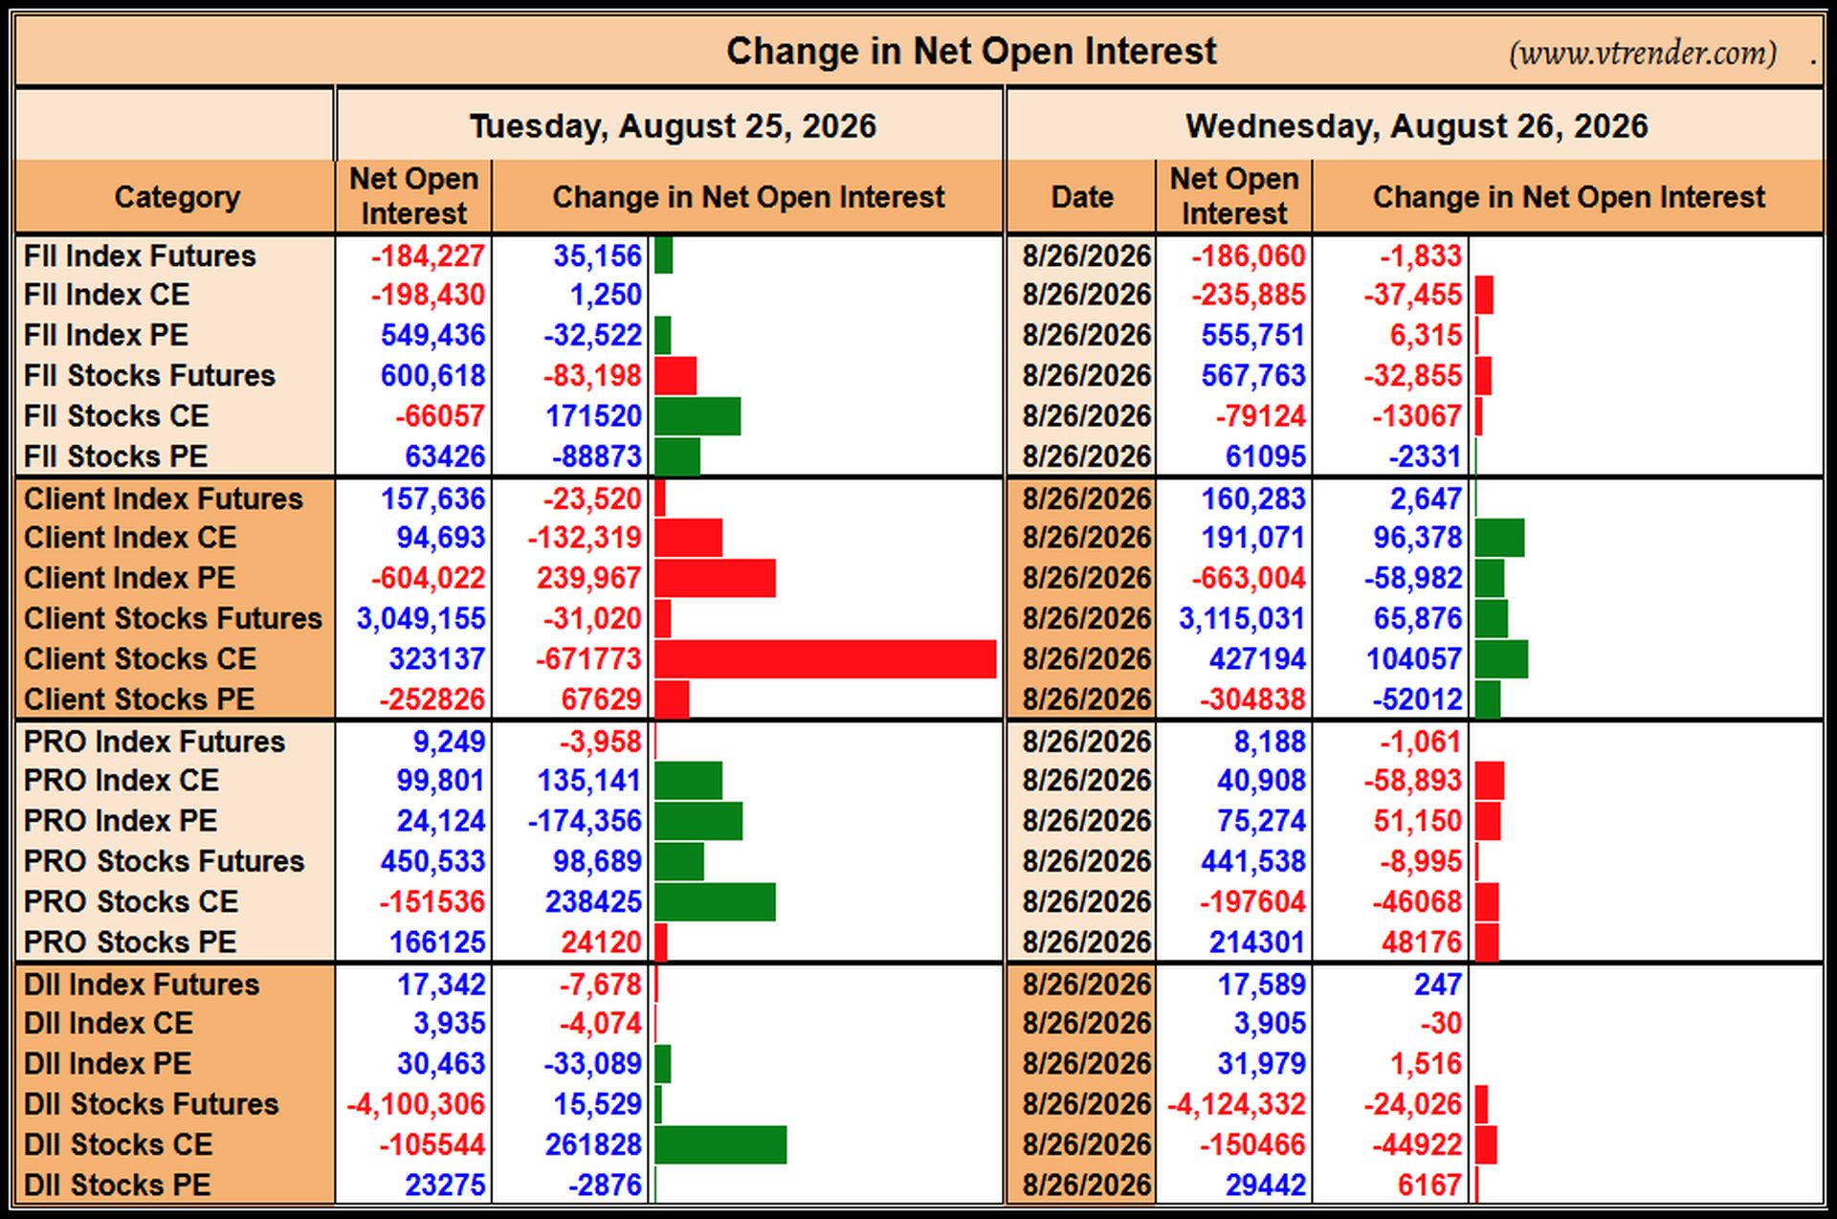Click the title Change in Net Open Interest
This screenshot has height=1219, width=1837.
971,51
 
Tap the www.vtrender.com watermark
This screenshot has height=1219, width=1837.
1643,53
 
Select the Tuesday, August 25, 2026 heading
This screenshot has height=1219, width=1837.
673,126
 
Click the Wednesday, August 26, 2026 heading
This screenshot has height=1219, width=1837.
1416,126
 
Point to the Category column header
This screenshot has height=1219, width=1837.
177,197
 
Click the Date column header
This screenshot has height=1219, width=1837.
1082,197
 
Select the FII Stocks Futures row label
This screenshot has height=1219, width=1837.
149,375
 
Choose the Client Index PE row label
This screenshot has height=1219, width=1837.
129,578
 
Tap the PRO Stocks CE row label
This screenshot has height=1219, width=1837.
131,901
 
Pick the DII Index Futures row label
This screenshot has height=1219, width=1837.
142,984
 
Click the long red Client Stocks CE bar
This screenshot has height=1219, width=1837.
826,659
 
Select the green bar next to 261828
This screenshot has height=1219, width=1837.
720,1144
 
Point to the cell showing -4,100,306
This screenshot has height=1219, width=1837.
415,1104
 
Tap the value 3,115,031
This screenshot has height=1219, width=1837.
1242,619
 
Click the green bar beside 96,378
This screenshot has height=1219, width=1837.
1499,538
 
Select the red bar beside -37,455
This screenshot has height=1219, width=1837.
1484,295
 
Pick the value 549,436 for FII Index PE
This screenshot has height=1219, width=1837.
432,335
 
